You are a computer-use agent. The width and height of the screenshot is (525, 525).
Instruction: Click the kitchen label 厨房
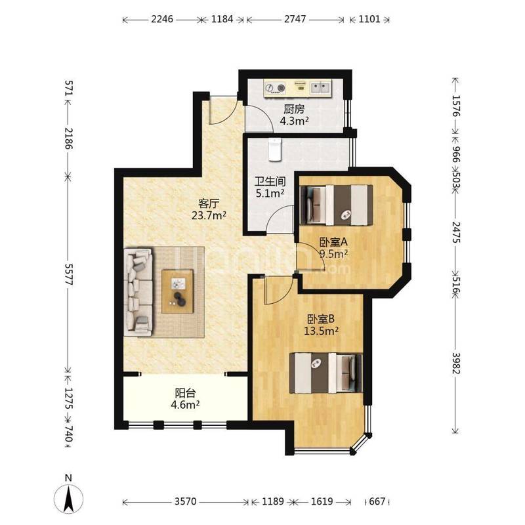point(294,109)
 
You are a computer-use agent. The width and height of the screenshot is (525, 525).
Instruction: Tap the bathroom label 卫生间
point(270,182)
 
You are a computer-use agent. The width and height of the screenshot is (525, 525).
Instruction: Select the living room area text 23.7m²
point(209,215)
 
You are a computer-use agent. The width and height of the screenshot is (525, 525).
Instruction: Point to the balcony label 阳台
point(185,392)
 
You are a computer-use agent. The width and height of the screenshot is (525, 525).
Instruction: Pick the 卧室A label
point(333,241)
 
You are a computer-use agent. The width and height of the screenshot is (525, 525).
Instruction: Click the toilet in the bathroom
point(275,150)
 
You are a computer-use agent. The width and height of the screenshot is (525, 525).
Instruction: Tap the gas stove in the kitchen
point(275,88)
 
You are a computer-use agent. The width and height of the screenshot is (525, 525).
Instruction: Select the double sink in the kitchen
point(320,88)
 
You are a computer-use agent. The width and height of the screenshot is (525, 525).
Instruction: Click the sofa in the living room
point(138,291)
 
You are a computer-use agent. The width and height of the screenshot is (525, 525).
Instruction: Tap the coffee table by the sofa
point(177,291)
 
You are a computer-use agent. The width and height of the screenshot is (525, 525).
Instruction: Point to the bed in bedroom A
point(337,205)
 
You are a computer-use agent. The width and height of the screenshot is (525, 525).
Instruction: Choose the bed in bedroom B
point(325,373)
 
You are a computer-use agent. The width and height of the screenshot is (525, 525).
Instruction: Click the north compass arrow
point(69,499)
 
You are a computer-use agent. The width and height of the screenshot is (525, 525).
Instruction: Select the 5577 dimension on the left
point(68,274)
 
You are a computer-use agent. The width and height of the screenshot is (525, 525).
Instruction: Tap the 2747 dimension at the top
point(295,19)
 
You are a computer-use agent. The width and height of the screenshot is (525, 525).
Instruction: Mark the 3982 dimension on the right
point(455,363)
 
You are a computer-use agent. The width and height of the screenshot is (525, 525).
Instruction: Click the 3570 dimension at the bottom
point(186,501)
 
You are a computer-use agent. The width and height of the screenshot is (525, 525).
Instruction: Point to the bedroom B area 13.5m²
point(321,331)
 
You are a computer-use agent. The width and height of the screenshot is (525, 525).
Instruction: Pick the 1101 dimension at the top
point(369,19)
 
